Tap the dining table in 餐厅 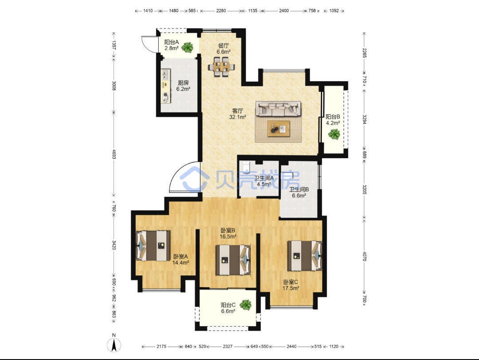pos(221,67)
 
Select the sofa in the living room pos(278,109)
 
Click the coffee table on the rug pos(279,129)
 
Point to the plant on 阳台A pos(187,47)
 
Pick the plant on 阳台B pos(334,134)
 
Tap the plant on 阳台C pos(245,305)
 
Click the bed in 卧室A pos(153,246)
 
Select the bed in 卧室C pos(305,256)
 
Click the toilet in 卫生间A pos(247,167)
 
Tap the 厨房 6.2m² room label pos(183,86)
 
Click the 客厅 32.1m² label pos(238,113)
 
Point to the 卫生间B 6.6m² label pos(299,192)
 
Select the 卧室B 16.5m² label pos(228,233)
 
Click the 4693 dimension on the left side pos(114,154)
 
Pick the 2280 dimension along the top pos(221,11)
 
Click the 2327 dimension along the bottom pos(228,346)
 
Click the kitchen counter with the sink pos(166,86)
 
